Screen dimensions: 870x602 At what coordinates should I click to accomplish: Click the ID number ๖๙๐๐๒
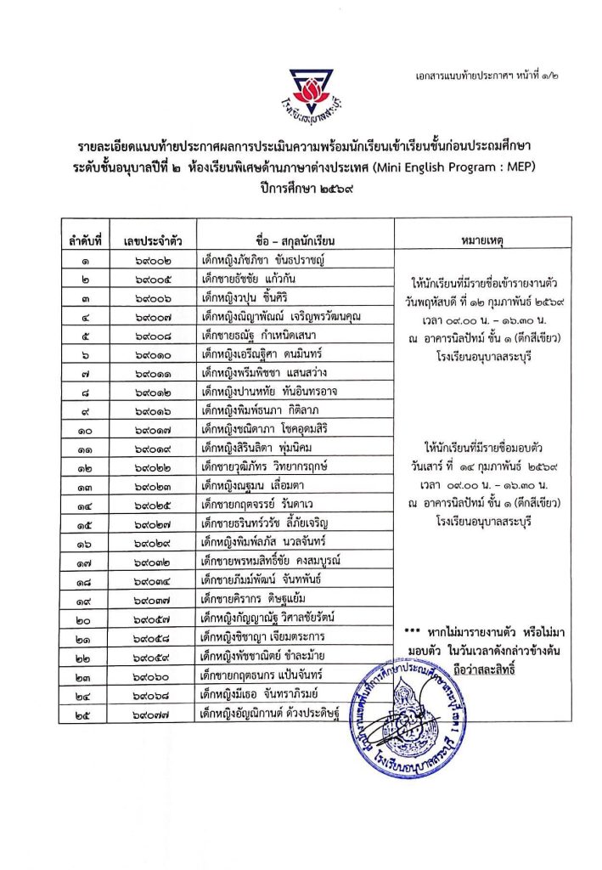tap(148, 261)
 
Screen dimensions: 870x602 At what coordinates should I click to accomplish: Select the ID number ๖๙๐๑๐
tap(148, 354)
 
